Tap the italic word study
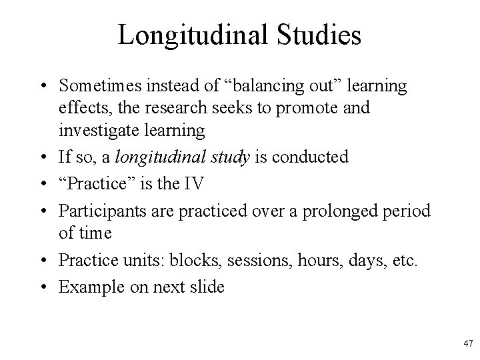point(226,157)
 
